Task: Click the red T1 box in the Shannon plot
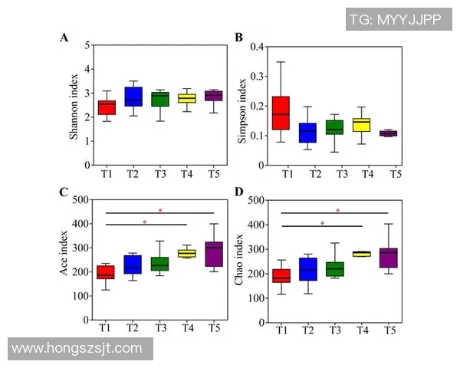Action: tap(107, 107)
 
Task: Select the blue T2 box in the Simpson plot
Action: tap(307, 132)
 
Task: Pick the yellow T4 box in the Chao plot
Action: tap(361, 254)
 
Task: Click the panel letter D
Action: tap(238, 192)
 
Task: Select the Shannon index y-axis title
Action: tap(74, 105)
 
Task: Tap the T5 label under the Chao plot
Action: tap(389, 330)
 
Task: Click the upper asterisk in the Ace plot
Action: tap(160, 210)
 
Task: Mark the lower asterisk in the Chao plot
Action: tap(322, 224)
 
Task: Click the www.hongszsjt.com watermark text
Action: tap(77, 348)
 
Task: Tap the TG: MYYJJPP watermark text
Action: tap(395, 19)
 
